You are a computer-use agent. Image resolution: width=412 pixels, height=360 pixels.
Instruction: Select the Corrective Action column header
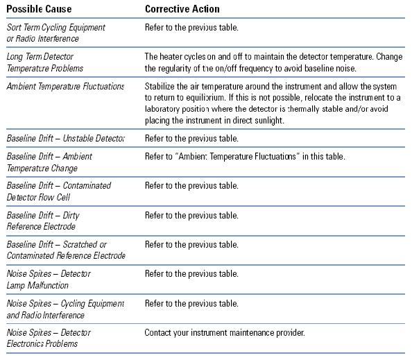182,9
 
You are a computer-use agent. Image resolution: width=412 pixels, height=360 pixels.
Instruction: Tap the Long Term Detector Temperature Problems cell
44,62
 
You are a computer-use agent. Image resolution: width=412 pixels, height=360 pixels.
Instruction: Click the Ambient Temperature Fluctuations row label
65,86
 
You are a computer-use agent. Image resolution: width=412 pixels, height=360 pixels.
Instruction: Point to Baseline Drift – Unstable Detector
65,138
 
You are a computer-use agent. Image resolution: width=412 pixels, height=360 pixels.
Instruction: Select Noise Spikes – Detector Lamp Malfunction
49,280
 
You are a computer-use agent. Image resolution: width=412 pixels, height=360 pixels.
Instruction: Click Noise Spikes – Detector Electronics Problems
49,338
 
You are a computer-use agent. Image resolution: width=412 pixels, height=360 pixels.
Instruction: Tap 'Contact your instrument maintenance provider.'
225,332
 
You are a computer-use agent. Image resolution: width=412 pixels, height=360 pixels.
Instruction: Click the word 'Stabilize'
162,86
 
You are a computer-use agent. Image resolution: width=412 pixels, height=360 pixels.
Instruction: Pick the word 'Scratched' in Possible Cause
79,244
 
